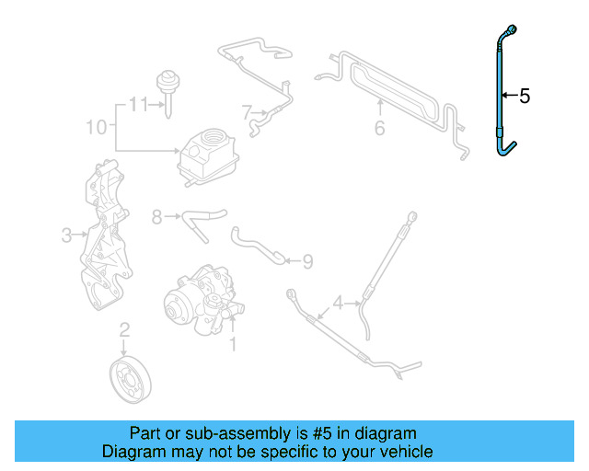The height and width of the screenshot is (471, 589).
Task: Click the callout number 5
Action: tap(525, 96)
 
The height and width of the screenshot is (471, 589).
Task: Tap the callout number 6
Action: tap(379, 128)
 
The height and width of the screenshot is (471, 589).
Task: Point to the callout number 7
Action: tap(247, 113)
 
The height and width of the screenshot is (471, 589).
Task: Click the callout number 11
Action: tap(138, 104)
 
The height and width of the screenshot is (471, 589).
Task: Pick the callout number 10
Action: tap(97, 127)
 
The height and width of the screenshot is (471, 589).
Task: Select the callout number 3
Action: tap(66, 235)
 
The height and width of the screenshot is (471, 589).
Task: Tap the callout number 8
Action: tap(156, 217)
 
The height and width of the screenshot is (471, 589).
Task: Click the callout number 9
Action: tap(307, 262)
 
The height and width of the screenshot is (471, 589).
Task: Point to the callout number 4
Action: tap(338, 302)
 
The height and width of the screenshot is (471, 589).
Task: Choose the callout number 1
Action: tap(233, 344)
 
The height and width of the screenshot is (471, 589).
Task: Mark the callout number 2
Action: tap(124, 328)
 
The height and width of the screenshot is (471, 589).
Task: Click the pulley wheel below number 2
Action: tap(128, 379)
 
